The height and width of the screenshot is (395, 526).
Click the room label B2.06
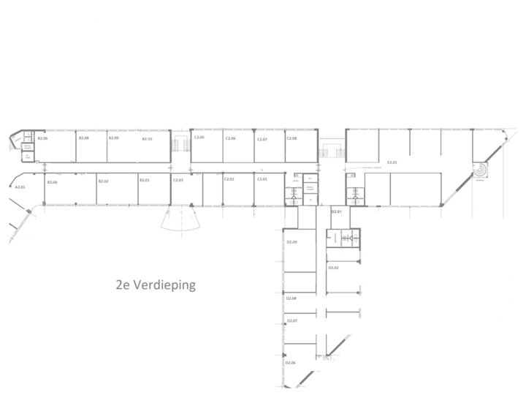point(42,138)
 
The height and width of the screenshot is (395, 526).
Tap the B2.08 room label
point(83,138)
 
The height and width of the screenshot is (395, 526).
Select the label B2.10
point(146,138)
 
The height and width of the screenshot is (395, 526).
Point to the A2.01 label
point(20,187)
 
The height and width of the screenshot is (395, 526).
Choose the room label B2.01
point(145,180)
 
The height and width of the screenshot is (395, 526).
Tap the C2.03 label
point(178,180)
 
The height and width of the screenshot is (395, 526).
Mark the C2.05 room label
point(198,138)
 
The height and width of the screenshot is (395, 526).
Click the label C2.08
point(291,138)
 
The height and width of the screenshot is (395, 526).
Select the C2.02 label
point(229,179)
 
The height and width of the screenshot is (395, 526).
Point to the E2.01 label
point(392,162)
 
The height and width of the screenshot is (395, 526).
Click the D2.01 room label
point(337,211)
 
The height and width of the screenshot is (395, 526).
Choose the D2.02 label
point(333,268)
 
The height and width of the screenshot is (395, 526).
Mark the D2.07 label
point(291,321)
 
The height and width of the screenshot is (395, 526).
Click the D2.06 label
point(290,364)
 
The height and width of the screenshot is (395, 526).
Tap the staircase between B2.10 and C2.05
point(180,148)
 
